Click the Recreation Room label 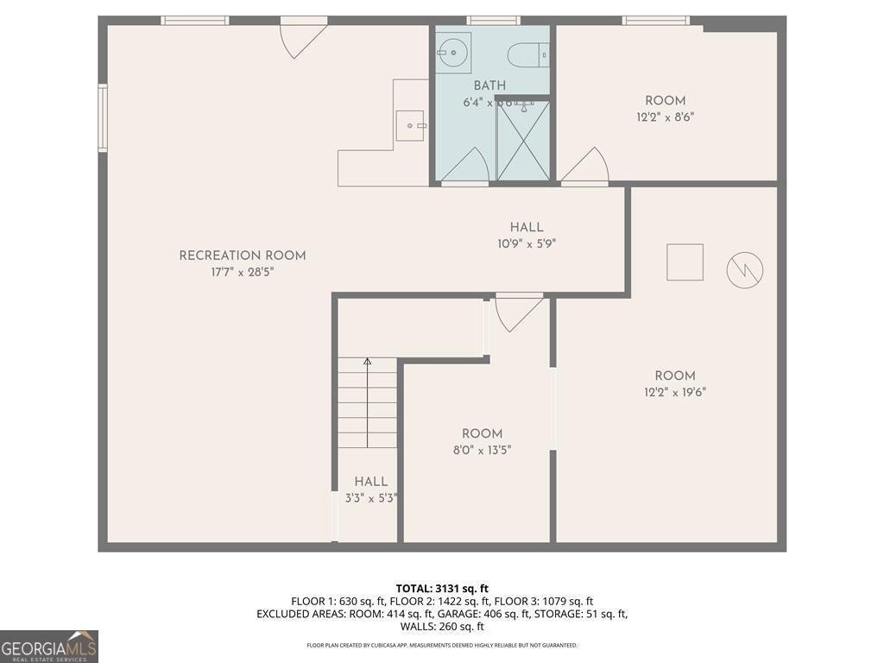(243, 256)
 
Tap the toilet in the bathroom (527, 55)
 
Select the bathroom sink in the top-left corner (452, 53)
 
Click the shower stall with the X (523, 141)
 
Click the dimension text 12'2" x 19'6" (674, 392)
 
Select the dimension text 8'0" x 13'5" (482, 449)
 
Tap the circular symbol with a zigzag (745, 270)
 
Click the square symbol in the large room (685, 262)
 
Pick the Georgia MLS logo (49, 647)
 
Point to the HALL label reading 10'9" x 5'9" (526, 236)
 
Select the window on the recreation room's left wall (103, 117)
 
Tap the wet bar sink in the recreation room (412, 126)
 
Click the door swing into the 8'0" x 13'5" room (518, 312)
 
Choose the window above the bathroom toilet (494, 20)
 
